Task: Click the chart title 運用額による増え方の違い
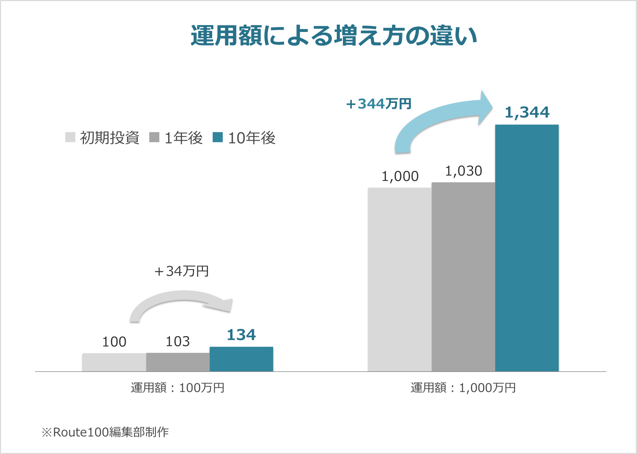(x=334, y=36)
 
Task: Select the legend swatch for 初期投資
(x=70, y=137)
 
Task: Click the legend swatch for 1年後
(x=154, y=137)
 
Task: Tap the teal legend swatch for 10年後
(x=218, y=137)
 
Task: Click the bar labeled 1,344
(x=527, y=247)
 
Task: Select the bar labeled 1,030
(x=463, y=276)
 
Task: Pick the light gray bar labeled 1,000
(x=400, y=279)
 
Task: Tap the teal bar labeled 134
(x=241, y=359)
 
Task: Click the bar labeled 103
(x=178, y=362)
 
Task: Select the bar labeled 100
(x=114, y=362)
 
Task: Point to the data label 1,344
(x=527, y=113)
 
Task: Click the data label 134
(x=241, y=335)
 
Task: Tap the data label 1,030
(x=463, y=171)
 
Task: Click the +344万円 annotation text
(x=378, y=104)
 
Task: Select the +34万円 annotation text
(x=181, y=271)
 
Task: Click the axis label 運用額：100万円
(x=178, y=388)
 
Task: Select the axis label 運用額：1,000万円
(x=463, y=388)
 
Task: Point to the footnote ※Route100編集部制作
(x=105, y=432)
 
